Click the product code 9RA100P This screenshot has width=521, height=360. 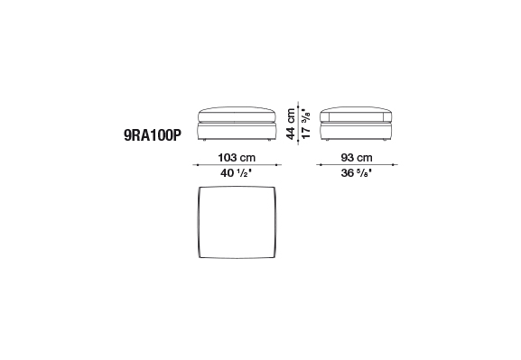point(153,135)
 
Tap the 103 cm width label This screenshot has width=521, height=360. point(237,157)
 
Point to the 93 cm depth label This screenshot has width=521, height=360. point(357,157)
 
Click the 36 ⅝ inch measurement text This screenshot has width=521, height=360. point(356,172)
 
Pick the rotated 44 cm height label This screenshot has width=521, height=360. point(291,124)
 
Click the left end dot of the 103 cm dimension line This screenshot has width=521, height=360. point(198,165)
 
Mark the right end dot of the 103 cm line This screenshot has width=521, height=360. point(276,165)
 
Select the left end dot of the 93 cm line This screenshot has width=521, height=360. point(321,165)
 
